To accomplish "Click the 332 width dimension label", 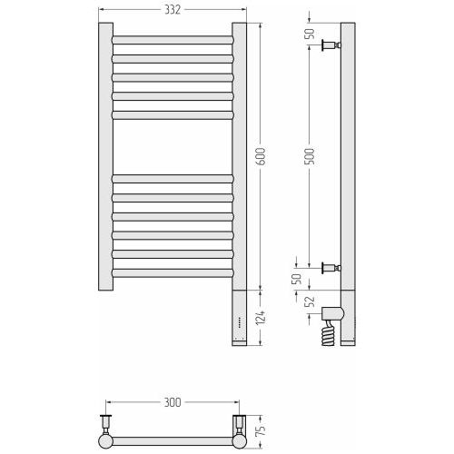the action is pyautogui.click(x=173, y=10).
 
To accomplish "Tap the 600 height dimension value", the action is pyautogui.click(x=261, y=156).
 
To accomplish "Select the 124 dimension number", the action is pyautogui.click(x=261, y=318).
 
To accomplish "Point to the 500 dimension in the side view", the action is pyautogui.click(x=310, y=156).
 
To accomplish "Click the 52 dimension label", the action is pyautogui.click(x=310, y=301).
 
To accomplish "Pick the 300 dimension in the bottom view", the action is pyautogui.click(x=173, y=402).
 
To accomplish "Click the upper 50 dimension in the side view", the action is pyautogui.click(x=310, y=34).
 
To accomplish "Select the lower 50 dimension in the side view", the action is pyautogui.click(x=297, y=279).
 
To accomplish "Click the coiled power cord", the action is pyautogui.click(x=329, y=334).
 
